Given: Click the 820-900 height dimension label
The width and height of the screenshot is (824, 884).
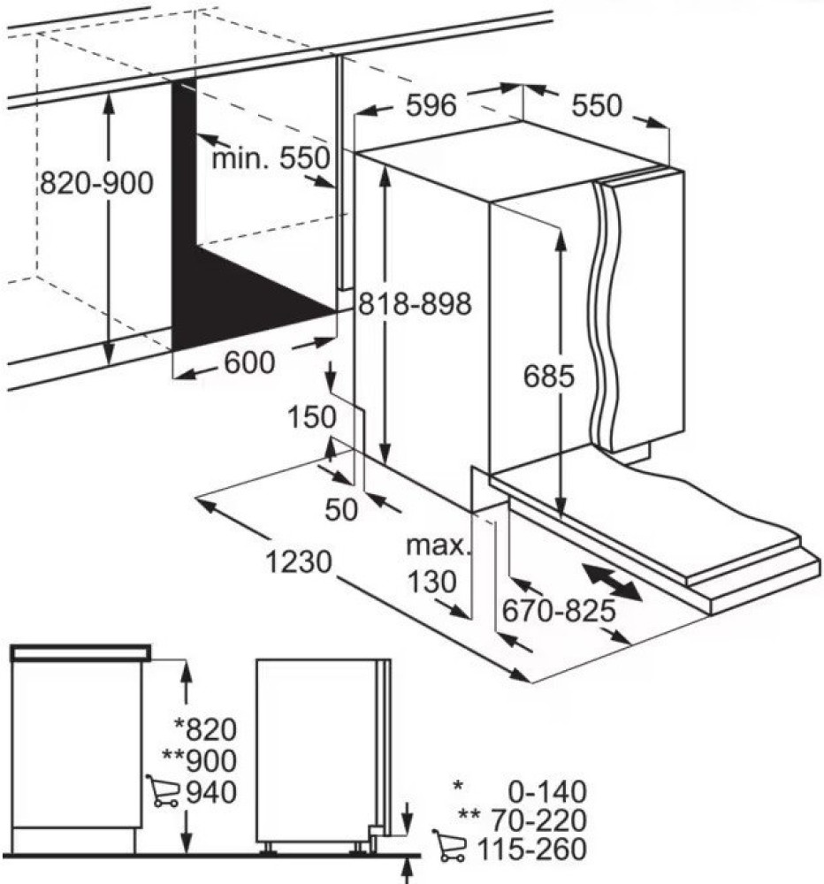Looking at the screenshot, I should (96, 183).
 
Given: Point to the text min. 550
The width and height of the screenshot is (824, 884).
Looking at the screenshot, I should (270, 159).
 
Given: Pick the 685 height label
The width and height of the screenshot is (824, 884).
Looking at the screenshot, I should (549, 377).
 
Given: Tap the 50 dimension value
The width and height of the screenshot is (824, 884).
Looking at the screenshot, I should (343, 510).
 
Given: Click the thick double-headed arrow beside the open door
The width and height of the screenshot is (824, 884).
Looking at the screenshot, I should (612, 584).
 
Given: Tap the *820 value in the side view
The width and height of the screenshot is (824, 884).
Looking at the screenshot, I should (206, 729).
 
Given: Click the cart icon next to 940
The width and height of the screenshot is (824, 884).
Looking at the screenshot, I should (162, 790).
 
